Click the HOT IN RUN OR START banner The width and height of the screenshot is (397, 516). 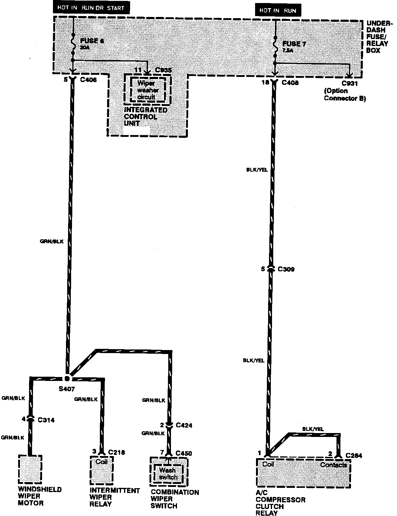[x=91, y=8]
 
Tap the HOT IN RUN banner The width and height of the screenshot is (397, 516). [x=278, y=10]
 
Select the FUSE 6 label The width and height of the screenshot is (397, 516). [x=92, y=41]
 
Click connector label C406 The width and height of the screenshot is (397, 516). [x=89, y=80]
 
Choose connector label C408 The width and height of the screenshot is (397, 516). [x=290, y=83]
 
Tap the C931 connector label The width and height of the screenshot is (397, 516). [x=350, y=83]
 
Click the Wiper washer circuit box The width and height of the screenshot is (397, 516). [x=148, y=90]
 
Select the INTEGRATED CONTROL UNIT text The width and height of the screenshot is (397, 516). [x=146, y=117]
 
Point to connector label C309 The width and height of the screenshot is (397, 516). [x=286, y=269]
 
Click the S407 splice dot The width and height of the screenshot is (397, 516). [x=67, y=378]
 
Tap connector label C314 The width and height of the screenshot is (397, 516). [x=46, y=420]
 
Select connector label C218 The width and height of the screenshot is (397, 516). [x=116, y=452]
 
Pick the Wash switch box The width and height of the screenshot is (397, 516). [x=168, y=474]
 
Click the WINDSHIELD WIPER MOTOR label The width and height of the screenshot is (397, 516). [x=40, y=496]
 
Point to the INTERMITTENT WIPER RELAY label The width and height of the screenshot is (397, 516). [x=115, y=497]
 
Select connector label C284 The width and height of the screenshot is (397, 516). [x=354, y=455]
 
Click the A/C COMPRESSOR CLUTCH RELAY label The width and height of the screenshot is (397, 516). [x=280, y=502]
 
